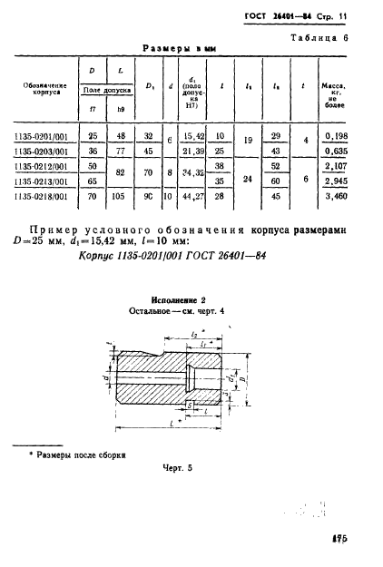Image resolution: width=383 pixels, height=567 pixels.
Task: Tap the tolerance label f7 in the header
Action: (x=91, y=109)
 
